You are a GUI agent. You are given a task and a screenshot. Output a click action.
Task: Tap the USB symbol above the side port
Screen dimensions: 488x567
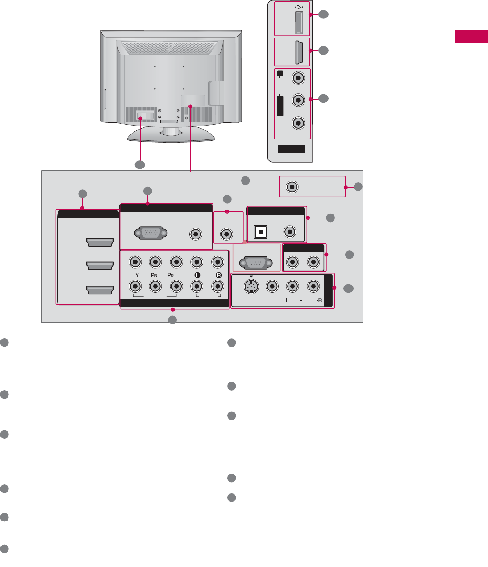299,7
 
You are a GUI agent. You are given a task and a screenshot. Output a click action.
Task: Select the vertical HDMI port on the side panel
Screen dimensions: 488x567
299,52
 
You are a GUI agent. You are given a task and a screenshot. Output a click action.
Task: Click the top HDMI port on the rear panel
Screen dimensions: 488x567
99,243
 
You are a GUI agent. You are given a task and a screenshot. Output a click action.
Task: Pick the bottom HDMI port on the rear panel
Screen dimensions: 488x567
99,291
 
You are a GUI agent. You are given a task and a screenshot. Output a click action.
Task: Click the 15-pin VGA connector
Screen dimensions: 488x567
150,234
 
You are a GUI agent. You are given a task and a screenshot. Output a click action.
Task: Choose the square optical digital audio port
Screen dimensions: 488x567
260,232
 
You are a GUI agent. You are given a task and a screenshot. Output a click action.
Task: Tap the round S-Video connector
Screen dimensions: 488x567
252,286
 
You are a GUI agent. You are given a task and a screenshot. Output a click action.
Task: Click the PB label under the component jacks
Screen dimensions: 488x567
155,275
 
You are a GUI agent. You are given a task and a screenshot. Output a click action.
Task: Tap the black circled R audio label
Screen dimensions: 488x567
217,275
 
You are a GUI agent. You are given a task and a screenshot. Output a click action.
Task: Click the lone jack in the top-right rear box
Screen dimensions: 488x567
292,186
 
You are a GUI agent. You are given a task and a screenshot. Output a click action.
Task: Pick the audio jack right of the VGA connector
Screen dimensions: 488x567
195,234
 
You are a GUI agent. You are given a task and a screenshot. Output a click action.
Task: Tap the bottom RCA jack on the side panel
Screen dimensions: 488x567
298,122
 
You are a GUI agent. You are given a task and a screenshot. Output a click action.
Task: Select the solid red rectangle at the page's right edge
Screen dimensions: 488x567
471,37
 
